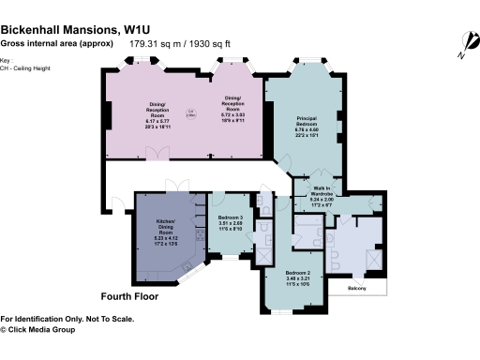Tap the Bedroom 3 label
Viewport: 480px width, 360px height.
231,220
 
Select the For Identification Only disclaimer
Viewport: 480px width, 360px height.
67,319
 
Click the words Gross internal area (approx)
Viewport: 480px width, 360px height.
55,43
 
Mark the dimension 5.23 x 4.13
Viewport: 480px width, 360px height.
164,238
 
